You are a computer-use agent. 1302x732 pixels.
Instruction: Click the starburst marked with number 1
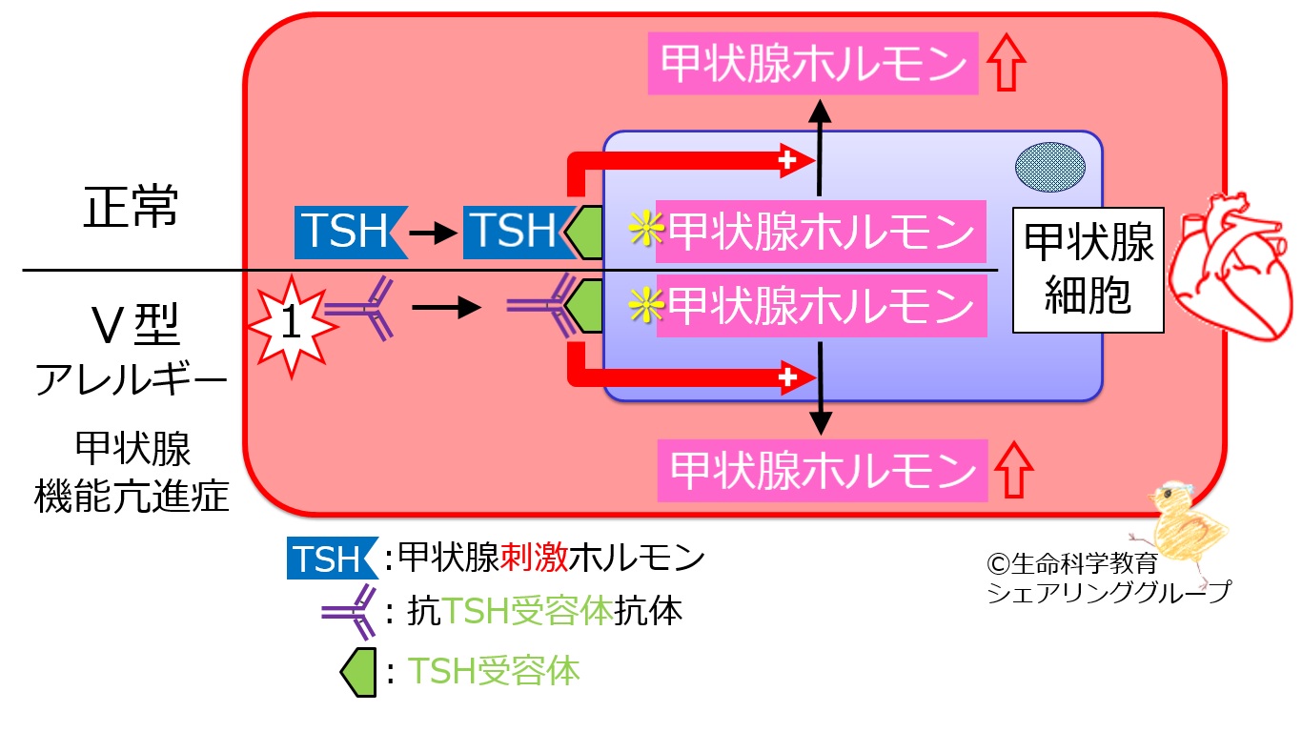[293, 325]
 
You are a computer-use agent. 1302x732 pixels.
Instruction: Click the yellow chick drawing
[1182, 519]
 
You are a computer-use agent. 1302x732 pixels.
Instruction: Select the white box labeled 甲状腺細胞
[1088, 270]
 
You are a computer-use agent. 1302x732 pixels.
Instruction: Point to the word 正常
[131, 208]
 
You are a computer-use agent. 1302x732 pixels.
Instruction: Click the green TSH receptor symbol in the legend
[361, 671]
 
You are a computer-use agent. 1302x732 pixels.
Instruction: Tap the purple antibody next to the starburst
[360, 309]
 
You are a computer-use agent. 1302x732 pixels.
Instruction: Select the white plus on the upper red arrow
[787, 162]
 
